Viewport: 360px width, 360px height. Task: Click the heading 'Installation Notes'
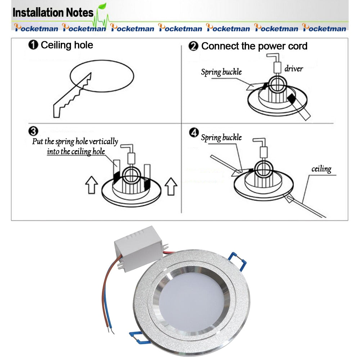(x=53, y=13)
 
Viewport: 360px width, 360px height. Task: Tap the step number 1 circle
(x=33, y=45)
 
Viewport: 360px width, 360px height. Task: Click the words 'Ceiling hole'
(x=67, y=45)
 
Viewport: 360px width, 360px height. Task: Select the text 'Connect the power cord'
(x=254, y=46)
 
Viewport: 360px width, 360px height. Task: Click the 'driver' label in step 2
(x=294, y=68)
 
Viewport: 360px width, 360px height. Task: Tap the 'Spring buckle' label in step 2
(x=221, y=72)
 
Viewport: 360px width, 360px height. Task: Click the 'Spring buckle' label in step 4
(x=221, y=138)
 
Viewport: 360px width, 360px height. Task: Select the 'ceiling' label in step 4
(x=321, y=169)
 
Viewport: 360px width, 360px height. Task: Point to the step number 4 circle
(x=194, y=133)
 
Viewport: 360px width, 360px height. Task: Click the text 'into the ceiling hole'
(x=76, y=152)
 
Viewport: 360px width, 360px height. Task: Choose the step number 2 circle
(x=194, y=46)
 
